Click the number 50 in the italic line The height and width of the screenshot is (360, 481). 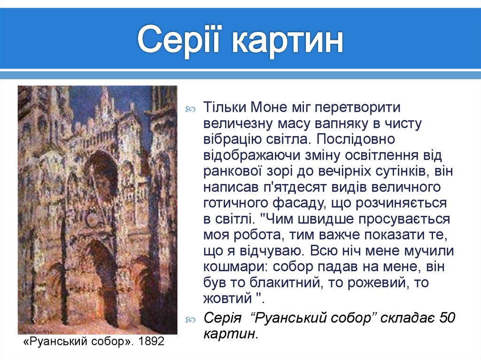pos(448,318)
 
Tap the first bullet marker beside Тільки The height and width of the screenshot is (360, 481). pos(192,109)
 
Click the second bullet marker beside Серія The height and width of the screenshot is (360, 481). pos(192,319)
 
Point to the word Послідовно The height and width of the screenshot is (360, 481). pos(357,139)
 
